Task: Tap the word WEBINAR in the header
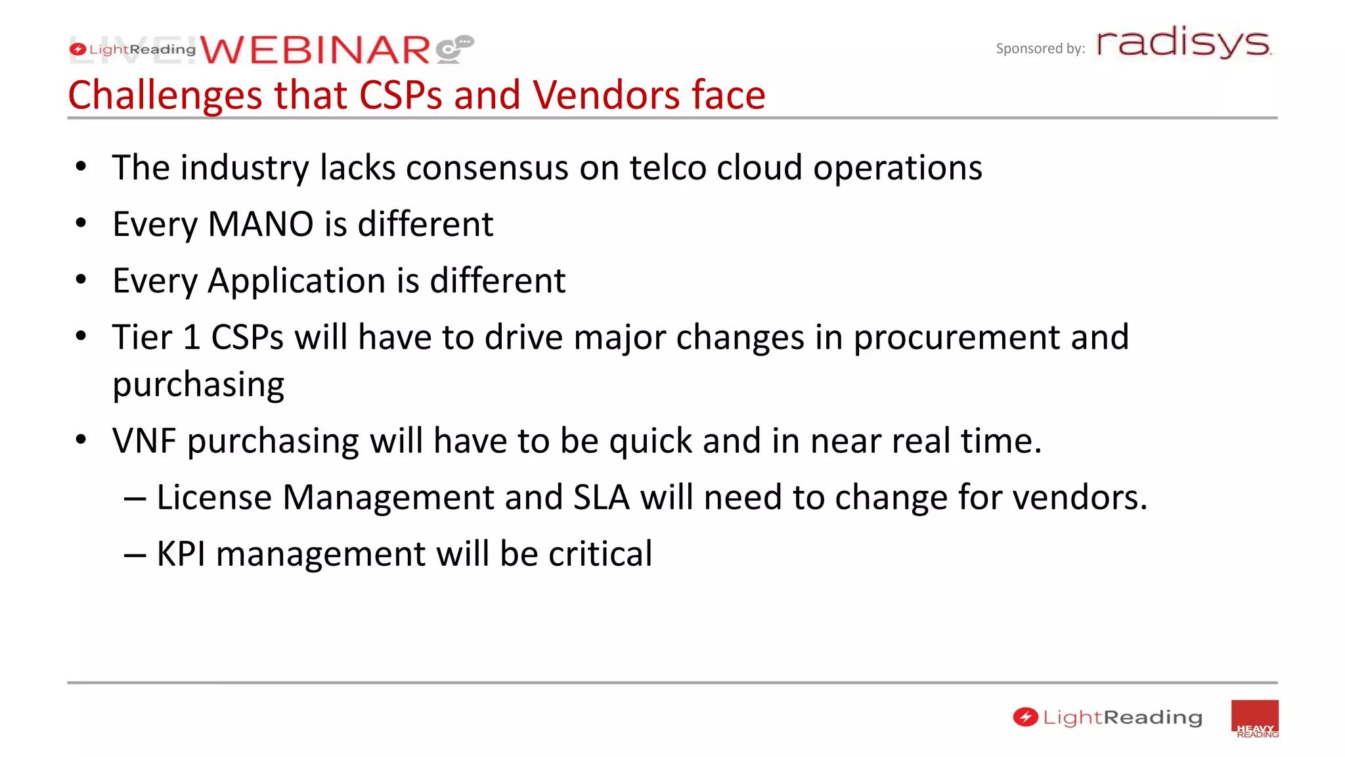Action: [315, 51]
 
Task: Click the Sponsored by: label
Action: [1040, 49]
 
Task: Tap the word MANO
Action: [261, 225]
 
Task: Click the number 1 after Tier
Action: [192, 338]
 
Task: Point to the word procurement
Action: [956, 338]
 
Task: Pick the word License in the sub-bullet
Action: [214, 497]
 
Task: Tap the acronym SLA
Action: [601, 497]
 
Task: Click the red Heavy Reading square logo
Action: [1254, 718]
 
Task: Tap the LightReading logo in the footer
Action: [1107, 718]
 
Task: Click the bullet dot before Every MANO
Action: [81, 224]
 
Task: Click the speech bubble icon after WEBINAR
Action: [454, 49]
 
